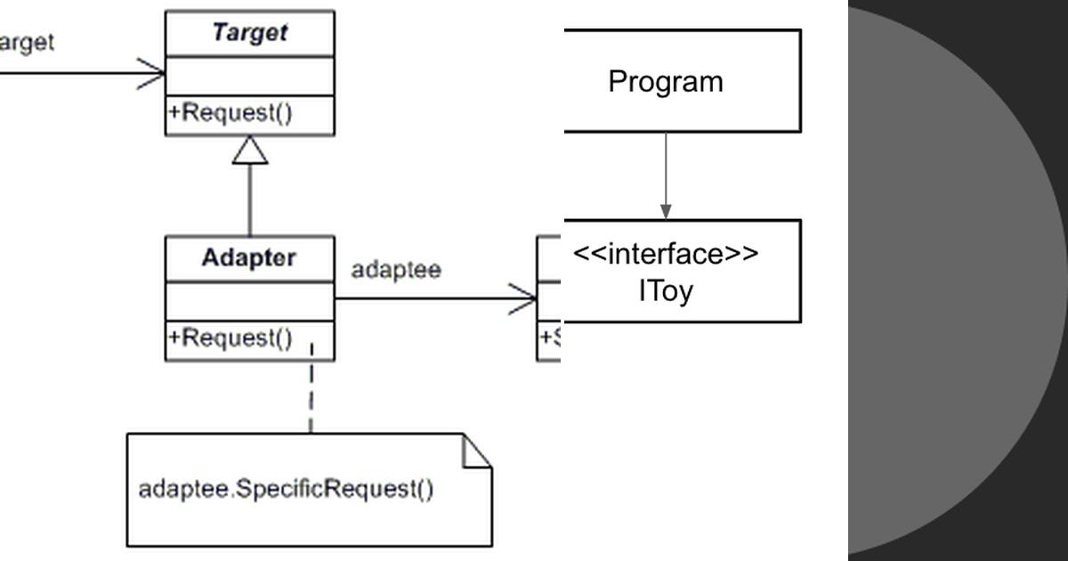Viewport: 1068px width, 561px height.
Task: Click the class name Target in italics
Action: coord(249,33)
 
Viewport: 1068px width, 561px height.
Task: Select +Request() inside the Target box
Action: coord(231,114)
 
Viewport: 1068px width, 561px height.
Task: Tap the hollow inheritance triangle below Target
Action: coord(250,151)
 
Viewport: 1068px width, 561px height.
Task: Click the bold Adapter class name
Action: coord(248,258)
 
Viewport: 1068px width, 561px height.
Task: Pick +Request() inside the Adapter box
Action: coord(231,338)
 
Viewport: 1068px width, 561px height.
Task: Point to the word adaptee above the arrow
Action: coord(395,270)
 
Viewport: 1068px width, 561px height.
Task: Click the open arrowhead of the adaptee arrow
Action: coord(525,298)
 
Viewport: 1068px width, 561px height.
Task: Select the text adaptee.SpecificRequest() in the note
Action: coord(286,489)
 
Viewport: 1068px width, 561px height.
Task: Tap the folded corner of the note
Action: coord(478,451)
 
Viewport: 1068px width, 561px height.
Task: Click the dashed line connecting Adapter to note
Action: coord(311,392)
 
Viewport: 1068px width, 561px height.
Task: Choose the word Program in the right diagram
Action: coord(665,82)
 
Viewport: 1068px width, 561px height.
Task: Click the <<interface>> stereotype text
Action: coord(665,254)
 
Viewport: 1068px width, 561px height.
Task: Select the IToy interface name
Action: coord(665,291)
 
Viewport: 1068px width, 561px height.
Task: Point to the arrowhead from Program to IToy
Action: coord(666,211)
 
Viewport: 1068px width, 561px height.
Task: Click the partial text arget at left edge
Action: coord(26,42)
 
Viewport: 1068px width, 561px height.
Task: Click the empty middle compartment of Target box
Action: coord(249,76)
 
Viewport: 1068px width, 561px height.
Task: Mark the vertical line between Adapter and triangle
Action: coord(250,200)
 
